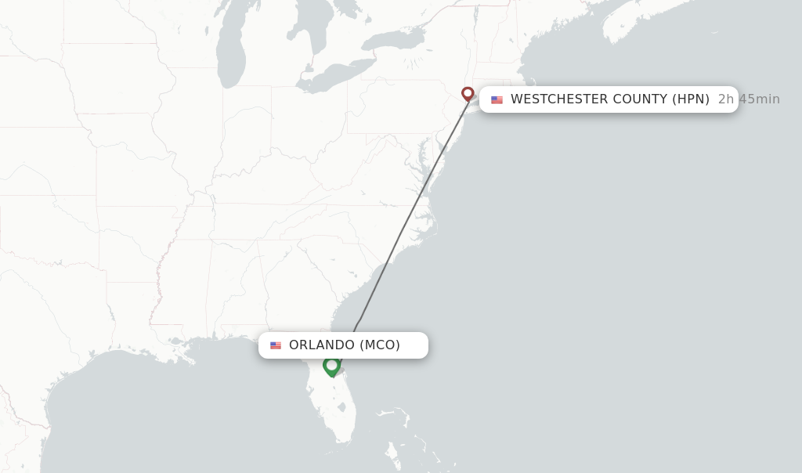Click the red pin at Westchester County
click(x=468, y=93)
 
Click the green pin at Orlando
click(x=331, y=365)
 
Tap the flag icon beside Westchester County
click(x=497, y=99)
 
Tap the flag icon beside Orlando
click(x=276, y=345)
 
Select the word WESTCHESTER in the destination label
click(x=560, y=99)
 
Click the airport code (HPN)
click(x=691, y=99)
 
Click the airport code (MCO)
click(x=380, y=345)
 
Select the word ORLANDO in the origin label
click(x=322, y=345)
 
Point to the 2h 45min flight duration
click(x=749, y=99)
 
